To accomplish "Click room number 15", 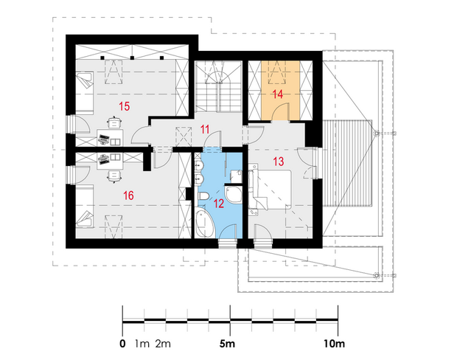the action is [124, 106].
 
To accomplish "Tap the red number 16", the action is [128, 195].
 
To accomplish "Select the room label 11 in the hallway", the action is [205, 129].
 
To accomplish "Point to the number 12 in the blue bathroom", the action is [219, 204].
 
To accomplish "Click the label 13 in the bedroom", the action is [279, 162].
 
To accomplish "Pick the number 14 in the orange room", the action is [277, 94].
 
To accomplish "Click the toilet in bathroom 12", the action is [203, 196].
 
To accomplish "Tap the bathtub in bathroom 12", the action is [203, 224].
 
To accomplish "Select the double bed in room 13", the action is [271, 190].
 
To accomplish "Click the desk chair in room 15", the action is [114, 122].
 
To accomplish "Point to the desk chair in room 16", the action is [114, 176].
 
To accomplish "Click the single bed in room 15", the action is [85, 92].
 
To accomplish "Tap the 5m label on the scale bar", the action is [227, 344].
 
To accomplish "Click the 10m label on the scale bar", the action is [334, 344].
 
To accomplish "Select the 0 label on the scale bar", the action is [122, 344].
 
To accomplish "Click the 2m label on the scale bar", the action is [163, 344].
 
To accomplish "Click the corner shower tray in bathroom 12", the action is [234, 195].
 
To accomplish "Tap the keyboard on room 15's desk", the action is [103, 138].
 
